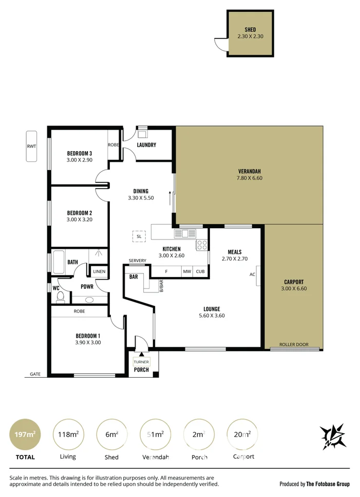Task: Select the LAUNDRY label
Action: (x=146, y=145)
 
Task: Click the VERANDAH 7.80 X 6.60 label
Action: (x=250, y=175)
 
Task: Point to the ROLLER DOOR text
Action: (x=294, y=344)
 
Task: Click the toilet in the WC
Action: (x=60, y=297)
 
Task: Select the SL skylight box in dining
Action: (x=139, y=236)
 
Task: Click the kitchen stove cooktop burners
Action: (x=202, y=245)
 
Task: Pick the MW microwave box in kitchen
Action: (x=187, y=271)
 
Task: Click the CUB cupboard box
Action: (x=200, y=271)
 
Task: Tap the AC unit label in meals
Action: (x=252, y=274)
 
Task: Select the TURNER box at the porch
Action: (x=141, y=362)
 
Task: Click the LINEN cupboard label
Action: (x=99, y=271)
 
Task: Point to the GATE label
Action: (x=35, y=374)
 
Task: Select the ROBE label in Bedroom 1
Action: (x=79, y=311)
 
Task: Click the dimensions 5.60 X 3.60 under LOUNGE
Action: (x=211, y=316)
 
